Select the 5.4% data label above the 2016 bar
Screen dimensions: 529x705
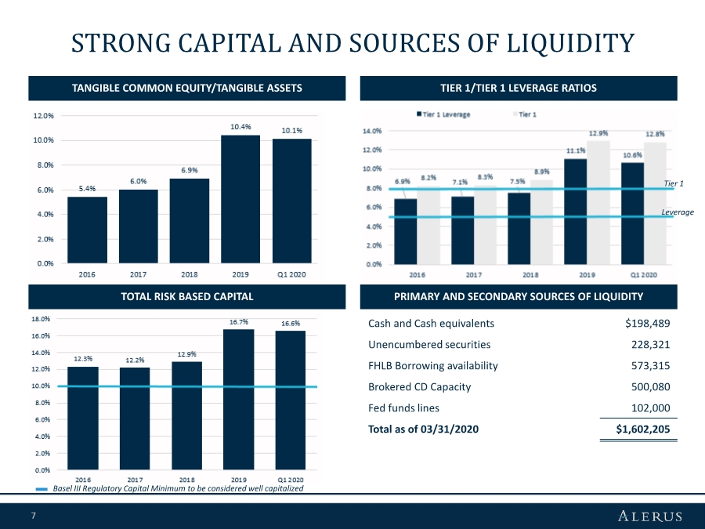(87, 188)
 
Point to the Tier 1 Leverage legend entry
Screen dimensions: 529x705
(444, 114)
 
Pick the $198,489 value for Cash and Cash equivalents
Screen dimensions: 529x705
(647, 323)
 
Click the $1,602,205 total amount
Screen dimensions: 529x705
(642, 429)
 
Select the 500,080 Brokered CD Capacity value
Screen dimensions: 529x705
(650, 386)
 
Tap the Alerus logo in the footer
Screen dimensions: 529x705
(649, 516)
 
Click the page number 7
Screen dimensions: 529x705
(34, 516)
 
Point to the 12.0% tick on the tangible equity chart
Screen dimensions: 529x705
(42, 115)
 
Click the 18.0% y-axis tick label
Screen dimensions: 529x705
(41, 319)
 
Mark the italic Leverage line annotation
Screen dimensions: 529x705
(678, 212)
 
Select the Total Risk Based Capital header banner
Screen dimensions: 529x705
(186, 296)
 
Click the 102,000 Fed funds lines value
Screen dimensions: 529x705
(650, 408)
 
